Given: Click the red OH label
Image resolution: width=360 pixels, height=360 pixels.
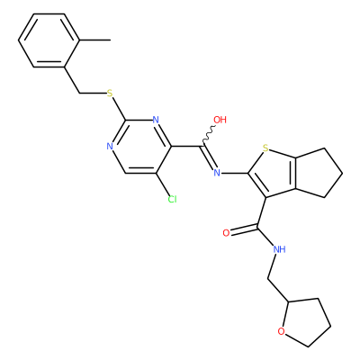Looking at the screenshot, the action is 220,120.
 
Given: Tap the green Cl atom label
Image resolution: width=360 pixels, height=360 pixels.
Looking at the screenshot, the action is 172,199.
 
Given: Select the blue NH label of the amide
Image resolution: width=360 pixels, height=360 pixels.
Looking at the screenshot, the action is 279,249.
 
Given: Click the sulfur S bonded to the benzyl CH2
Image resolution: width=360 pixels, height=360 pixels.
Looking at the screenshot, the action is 110,94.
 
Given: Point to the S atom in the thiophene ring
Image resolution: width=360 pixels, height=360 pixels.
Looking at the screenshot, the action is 265,148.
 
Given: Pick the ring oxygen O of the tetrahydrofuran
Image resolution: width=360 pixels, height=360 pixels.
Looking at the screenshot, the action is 281,331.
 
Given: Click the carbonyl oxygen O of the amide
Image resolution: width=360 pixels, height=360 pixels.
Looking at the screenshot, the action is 226,233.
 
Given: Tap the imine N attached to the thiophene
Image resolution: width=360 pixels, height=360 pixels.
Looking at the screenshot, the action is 217,173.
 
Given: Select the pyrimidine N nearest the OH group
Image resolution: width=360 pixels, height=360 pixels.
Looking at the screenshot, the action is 156,120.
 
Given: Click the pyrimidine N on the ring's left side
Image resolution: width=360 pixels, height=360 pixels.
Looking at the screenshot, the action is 110,147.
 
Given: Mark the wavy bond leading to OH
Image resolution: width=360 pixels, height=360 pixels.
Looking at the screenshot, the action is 209,136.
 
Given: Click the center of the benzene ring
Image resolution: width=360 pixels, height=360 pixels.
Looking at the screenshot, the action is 49,40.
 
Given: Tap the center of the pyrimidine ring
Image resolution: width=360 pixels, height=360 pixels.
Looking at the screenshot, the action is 140,147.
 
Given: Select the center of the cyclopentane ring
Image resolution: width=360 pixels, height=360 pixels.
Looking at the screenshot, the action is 317,173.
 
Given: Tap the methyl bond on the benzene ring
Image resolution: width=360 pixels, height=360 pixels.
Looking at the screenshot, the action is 95,40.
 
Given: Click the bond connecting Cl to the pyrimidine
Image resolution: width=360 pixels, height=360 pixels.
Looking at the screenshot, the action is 163,184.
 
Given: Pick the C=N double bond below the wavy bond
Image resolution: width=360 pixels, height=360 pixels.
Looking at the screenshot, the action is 209,158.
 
